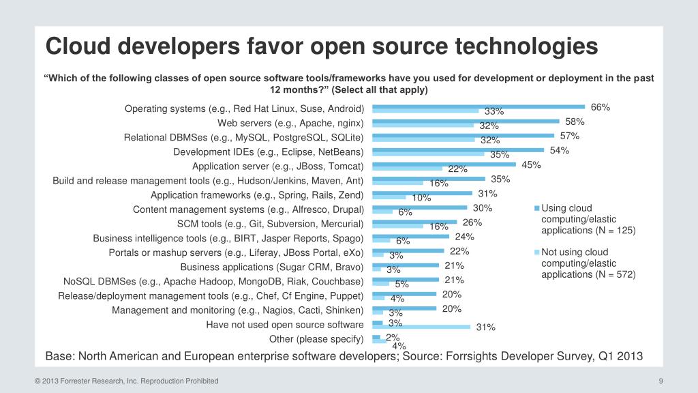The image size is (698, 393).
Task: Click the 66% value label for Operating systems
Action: coord(600,107)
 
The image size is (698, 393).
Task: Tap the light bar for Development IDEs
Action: coord(428,154)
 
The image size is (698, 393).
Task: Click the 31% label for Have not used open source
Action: coord(485,327)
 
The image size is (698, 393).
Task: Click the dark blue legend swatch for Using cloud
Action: coord(536,208)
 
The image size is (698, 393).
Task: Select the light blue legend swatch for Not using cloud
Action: coord(536,252)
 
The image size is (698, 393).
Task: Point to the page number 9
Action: coord(661,381)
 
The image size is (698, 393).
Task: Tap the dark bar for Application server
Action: coord(444,164)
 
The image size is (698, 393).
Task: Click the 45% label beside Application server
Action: coord(531,164)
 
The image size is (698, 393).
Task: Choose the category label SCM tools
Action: coord(270,224)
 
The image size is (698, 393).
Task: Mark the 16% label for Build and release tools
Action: coord(438,183)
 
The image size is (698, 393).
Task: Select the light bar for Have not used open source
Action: coord(421,327)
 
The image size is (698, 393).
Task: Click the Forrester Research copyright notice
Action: coord(127,381)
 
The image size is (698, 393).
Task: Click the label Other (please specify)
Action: coord(316,339)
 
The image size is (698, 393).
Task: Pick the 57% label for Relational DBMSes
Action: coord(569,136)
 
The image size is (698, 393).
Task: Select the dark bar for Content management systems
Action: coord(420,207)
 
